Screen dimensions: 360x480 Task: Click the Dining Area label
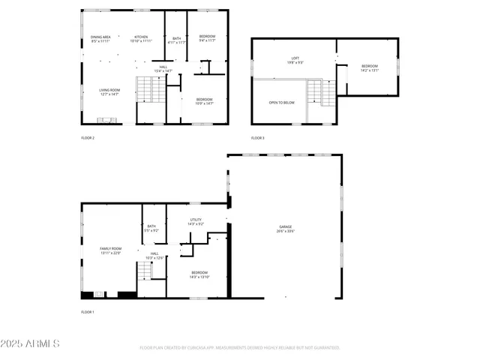[x=100, y=39]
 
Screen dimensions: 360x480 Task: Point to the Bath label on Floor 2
[x=176, y=40]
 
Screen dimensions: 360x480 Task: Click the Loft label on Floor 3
[x=295, y=60]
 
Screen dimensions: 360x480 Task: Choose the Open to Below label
[x=282, y=102]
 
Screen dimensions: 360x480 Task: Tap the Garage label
[x=285, y=229]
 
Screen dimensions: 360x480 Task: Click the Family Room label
[x=110, y=250]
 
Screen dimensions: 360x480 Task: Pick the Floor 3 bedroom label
[x=370, y=68]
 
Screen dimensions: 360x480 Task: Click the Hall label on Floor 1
[x=154, y=256]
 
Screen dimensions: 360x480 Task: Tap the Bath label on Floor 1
[x=151, y=228]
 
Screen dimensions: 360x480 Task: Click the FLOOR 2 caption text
[x=88, y=138]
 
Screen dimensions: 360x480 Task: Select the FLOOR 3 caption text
[x=257, y=138]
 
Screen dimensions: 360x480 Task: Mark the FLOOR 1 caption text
[x=88, y=311]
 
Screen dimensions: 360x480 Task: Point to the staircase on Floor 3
[x=328, y=93]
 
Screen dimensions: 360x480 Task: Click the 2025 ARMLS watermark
[x=31, y=343]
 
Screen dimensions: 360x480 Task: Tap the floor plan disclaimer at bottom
[x=240, y=348]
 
